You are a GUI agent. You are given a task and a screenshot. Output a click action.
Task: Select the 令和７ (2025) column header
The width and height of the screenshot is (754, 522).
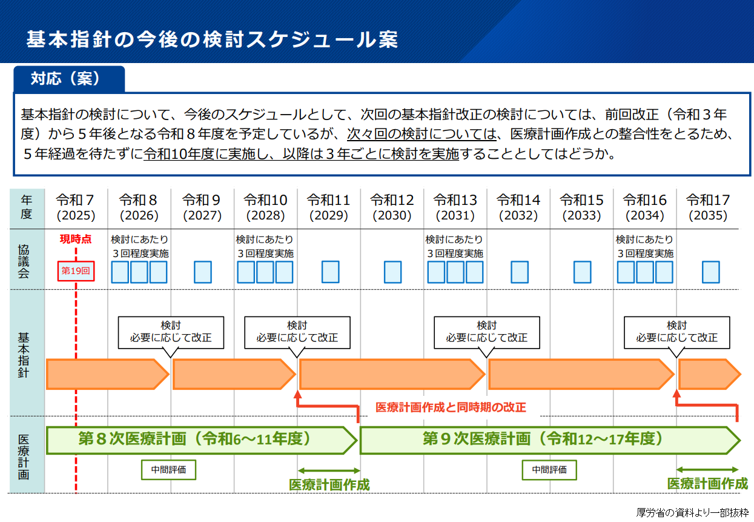[76, 207]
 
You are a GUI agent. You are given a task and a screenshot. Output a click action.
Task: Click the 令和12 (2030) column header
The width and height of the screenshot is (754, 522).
[392, 207]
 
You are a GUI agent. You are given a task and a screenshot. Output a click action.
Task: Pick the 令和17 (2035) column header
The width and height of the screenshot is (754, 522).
[707, 207]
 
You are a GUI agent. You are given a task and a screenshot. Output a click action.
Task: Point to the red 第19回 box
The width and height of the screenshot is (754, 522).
[76, 271]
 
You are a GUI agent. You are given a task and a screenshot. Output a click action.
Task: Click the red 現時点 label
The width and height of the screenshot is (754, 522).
[76, 239]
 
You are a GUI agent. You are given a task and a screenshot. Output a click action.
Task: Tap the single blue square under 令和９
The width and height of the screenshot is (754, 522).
[203, 272]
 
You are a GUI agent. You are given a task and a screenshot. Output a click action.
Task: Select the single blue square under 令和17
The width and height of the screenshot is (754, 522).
[710, 272]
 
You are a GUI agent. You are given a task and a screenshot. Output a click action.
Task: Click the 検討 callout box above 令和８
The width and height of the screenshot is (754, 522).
[171, 332]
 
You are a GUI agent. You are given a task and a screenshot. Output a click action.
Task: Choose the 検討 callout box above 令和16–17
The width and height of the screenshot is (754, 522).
[676, 332]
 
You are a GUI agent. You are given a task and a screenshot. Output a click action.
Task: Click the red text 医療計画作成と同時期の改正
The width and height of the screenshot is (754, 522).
[451, 407]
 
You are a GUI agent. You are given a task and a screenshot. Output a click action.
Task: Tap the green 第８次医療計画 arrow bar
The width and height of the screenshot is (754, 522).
[200, 440]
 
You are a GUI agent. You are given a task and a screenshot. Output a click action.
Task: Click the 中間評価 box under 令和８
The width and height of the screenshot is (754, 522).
[169, 469]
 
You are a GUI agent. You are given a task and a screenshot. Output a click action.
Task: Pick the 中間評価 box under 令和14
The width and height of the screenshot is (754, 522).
[549, 469]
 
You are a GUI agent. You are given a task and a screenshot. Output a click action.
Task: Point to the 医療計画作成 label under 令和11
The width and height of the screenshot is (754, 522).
[329, 484]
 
